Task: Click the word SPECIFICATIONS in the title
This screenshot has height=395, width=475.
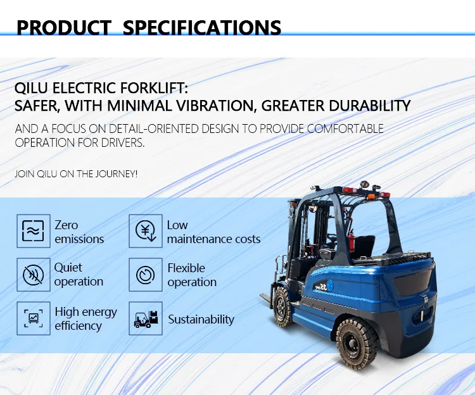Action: point(202,28)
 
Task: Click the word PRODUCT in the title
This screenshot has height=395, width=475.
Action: point(65,28)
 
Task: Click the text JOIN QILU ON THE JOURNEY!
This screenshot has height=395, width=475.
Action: point(76,173)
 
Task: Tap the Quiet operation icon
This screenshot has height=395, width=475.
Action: point(33,275)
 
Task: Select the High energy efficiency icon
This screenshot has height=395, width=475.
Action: point(33,318)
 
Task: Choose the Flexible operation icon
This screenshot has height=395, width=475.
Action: point(145,275)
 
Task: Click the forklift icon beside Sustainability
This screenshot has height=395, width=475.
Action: point(145,318)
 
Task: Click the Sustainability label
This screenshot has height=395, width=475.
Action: point(201,320)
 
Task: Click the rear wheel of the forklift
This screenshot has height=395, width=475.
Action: point(357,342)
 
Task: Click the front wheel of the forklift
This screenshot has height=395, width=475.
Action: point(284,306)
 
